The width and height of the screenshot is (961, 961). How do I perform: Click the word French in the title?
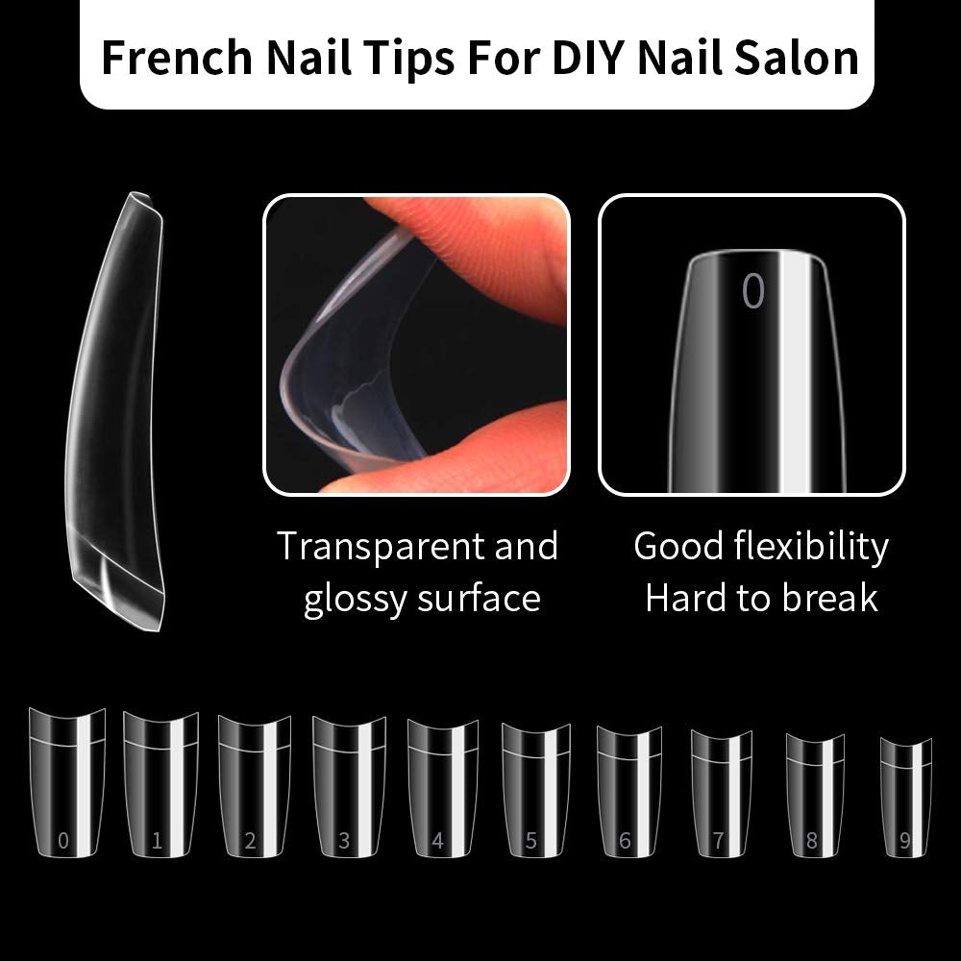tap(177, 57)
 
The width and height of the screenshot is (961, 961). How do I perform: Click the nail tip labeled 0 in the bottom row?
tap(67, 782)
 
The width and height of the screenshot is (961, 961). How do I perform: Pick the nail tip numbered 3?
tap(350, 786)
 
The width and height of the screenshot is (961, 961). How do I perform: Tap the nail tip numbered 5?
tap(536, 790)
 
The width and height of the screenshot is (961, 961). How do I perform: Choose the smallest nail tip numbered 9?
tap(906, 797)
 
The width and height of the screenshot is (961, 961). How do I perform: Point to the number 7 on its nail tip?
tap(718, 840)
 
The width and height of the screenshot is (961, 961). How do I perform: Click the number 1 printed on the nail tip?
tap(157, 840)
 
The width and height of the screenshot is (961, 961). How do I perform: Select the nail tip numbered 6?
tap(628, 791)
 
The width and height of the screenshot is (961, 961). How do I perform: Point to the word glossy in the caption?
tap(356, 600)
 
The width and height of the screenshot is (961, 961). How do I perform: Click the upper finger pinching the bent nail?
tap(478, 251)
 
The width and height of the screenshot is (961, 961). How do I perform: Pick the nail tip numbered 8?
tap(815, 795)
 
